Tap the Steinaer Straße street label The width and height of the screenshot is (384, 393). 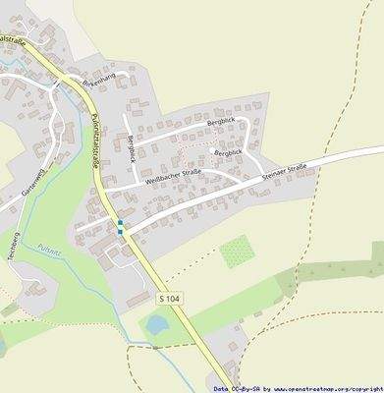click(x=286, y=173)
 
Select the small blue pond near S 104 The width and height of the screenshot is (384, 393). click(x=156, y=323)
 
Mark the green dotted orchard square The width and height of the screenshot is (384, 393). click(x=237, y=253)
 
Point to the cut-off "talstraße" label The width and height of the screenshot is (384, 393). click(x=12, y=39)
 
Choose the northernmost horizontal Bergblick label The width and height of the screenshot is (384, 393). click(x=222, y=122)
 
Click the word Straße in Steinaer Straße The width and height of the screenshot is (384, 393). click(x=299, y=170)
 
